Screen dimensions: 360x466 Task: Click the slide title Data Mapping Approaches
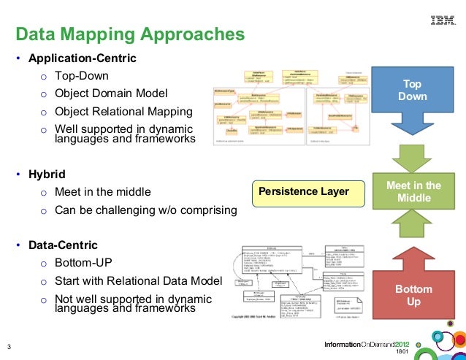click(130, 34)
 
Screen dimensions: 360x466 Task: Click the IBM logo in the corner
click(441, 23)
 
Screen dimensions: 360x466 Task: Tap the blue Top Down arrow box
click(413, 91)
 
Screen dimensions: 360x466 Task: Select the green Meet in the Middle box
click(413, 192)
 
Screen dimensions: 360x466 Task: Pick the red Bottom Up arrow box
click(413, 295)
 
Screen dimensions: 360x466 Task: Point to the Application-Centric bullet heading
click(82, 57)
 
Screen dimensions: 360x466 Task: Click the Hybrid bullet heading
click(47, 175)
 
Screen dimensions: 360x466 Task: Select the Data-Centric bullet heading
click(63, 245)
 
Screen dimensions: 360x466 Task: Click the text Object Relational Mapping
click(123, 112)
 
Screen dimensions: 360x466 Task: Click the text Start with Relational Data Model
click(138, 280)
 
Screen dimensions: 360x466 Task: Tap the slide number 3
click(8, 346)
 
